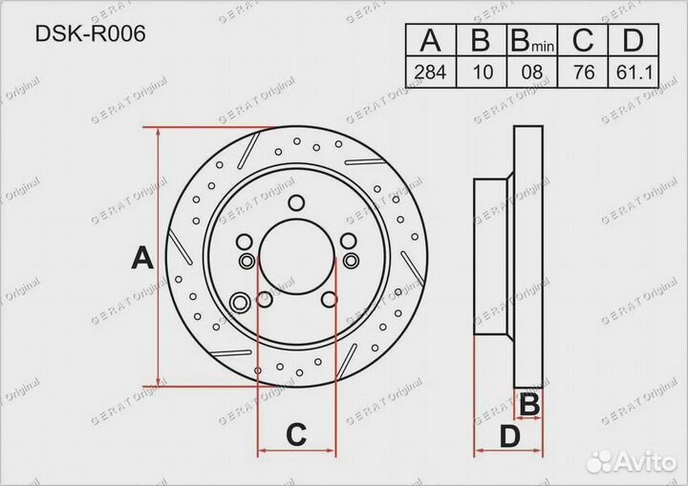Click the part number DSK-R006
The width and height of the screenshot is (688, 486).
tap(91, 35)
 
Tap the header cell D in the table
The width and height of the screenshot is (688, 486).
tap(632, 41)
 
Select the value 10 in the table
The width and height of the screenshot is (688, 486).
tap(482, 73)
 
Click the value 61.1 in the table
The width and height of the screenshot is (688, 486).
tap(632, 73)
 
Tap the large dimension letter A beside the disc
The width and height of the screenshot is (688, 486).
tap(141, 258)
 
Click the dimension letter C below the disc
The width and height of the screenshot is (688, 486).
tap(296, 435)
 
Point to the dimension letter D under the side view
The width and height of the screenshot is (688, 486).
tap(511, 438)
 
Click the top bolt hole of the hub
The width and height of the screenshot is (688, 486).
tap(296, 201)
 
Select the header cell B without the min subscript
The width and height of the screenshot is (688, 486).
tap(482, 41)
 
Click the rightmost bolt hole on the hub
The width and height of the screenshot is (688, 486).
tap(349, 261)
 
